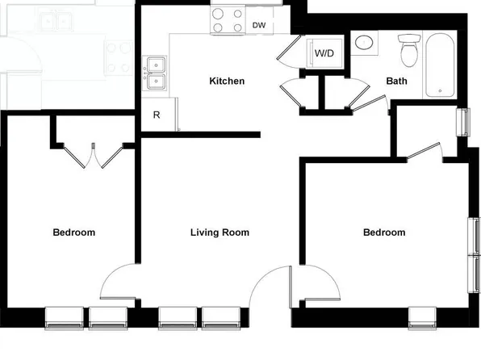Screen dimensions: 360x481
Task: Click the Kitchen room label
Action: (x=227, y=82)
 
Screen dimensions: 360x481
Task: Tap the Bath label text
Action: (x=396, y=82)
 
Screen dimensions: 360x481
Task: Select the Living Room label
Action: (x=220, y=232)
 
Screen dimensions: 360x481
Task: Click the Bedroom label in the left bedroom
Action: (x=73, y=232)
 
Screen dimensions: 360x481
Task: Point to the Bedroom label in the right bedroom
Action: (x=384, y=232)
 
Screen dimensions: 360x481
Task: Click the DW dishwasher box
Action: (x=259, y=25)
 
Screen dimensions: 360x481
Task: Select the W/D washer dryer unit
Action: (x=324, y=53)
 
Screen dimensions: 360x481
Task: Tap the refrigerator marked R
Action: (x=157, y=115)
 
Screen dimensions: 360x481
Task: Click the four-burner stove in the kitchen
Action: (x=228, y=20)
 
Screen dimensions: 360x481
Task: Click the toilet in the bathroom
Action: (x=410, y=50)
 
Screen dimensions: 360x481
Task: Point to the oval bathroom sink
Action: (x=365, y=43)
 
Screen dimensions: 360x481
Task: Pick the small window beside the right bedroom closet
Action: (x=462, y=122)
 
